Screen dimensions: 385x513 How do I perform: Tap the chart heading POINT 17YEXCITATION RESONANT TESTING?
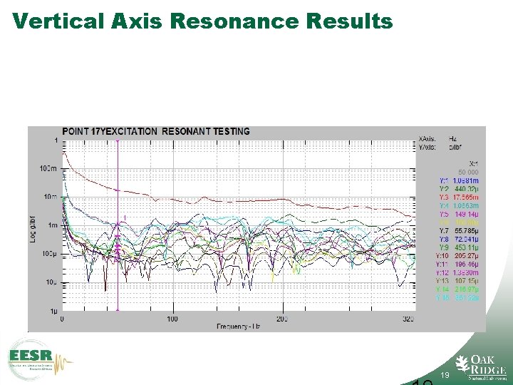point(156,131)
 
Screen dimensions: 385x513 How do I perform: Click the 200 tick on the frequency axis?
point(281,319)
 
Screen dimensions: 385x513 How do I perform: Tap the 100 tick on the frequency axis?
point(172,319)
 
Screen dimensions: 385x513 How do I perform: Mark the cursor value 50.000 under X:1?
point(467,172)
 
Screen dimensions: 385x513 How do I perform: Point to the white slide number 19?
point(444,374)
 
